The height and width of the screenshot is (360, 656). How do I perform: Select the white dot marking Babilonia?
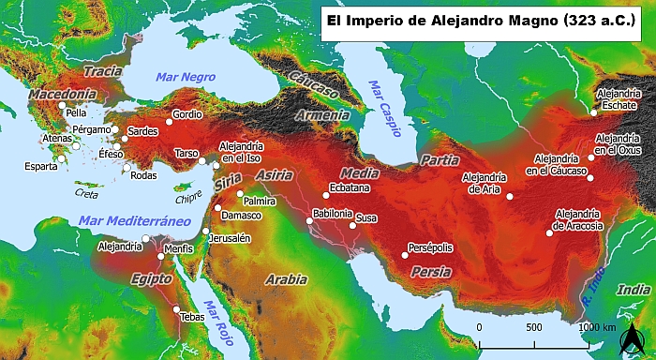tap(309, 221)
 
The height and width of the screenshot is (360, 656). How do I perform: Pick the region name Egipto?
tap(151, 278)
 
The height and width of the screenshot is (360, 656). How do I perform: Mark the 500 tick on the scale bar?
tap(534, 327)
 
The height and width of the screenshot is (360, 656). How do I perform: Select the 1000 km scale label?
tap(597, 327)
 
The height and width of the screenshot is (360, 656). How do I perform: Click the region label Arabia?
tap(286, 279)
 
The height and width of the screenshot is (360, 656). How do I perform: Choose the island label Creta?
tap(86, 193)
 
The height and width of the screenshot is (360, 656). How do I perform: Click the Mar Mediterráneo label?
tap(128, 220)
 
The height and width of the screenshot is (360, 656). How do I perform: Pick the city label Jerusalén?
tap(230, 238)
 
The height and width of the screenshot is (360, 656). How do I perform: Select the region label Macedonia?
tap(62, 95)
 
